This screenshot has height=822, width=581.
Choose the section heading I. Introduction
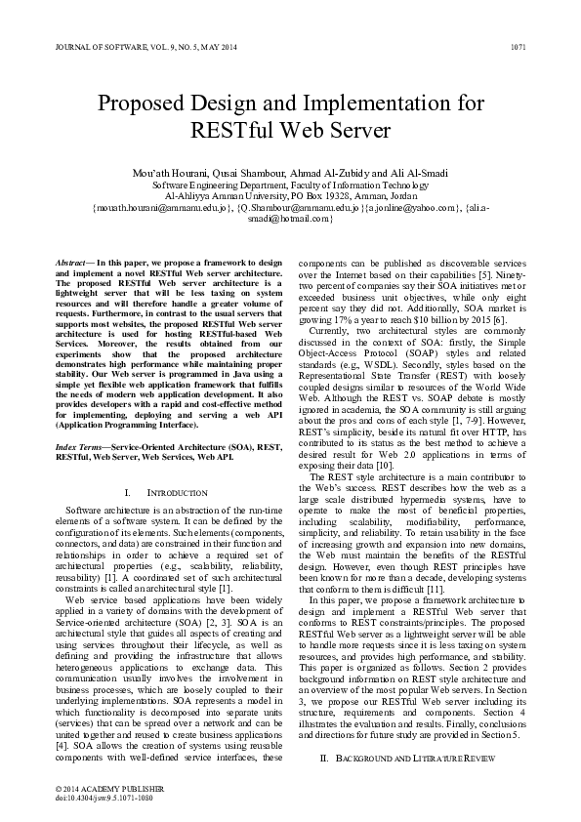point(167,494)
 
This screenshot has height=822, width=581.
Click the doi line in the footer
point(104,796)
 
